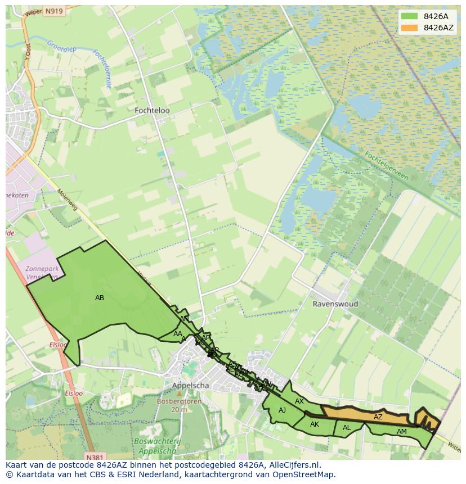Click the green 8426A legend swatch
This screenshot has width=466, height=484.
tap(410, 16)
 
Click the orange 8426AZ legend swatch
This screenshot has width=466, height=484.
tap(410, 28)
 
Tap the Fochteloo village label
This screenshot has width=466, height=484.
tap(152, 111)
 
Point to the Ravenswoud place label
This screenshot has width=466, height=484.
tap(335, 304)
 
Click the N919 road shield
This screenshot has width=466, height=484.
tap(54, 11)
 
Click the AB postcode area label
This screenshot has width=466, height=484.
tap(100, 298)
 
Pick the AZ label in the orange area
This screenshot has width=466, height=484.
tap(378, 417)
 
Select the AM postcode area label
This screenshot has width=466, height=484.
tap(401, 432)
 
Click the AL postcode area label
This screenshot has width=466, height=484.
tap(347, 428)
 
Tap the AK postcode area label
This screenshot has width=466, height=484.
tap(315, 424)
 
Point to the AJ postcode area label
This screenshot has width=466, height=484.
tap(283, 410)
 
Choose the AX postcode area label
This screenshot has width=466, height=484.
tap(299, 401)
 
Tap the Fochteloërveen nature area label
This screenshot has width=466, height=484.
tap(386, 165)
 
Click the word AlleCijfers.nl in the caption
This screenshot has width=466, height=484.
tap(292, 465)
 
